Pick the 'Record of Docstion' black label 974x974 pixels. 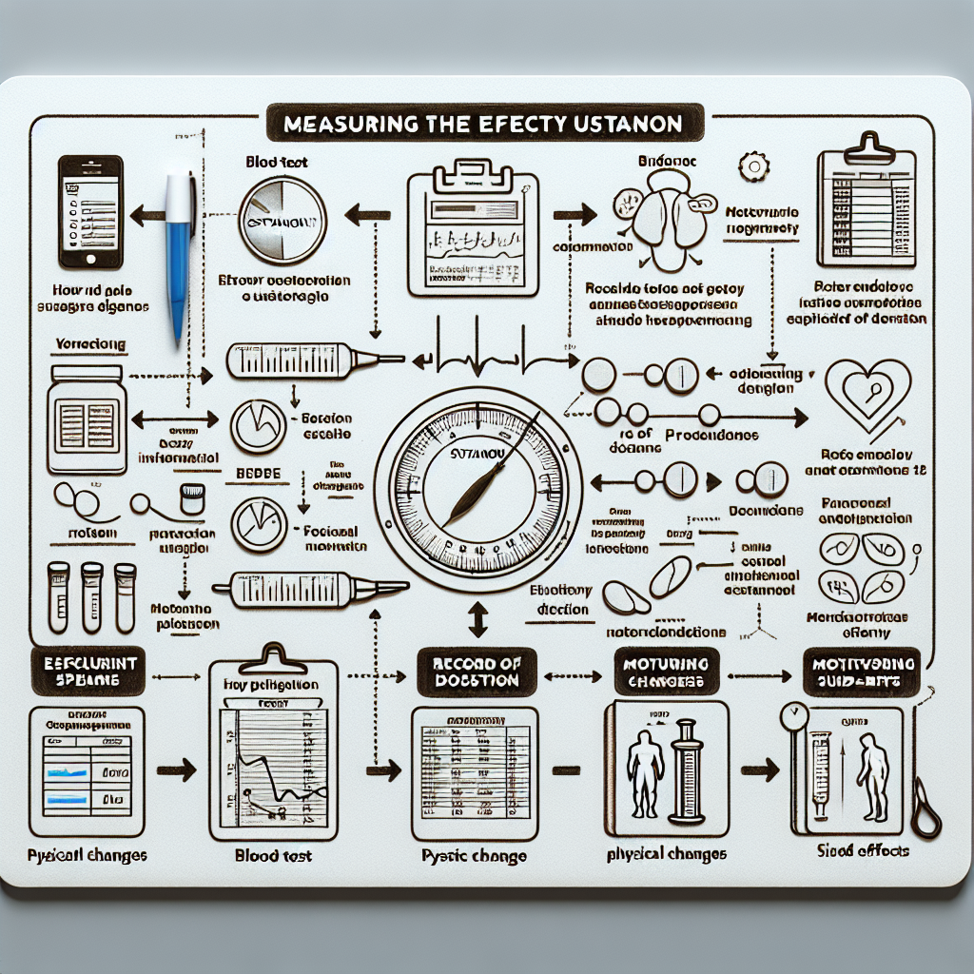[476, 672]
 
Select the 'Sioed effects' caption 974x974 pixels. [863, 849]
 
